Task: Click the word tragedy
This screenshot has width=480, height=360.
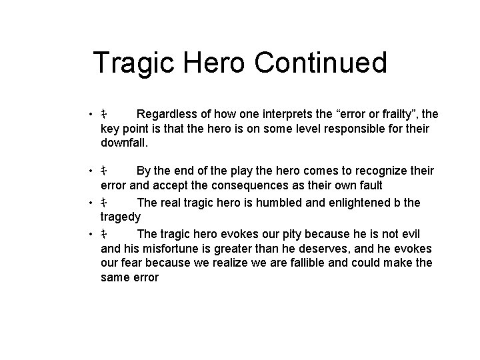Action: click(121, 215)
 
